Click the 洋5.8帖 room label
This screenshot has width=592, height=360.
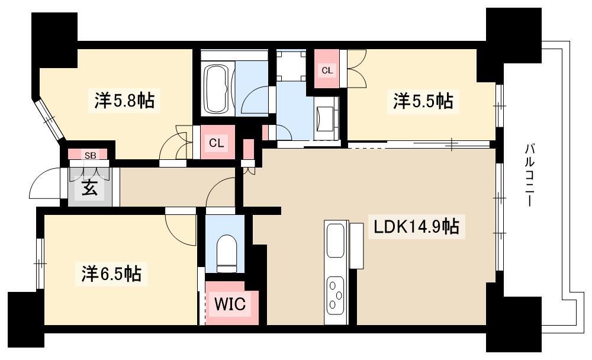point(124,101)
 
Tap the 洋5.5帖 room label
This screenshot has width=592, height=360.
point(423,101)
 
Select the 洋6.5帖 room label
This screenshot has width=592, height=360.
point(111,274)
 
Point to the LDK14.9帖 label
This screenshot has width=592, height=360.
point(416,227)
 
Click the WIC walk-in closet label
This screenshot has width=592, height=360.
point(230,304)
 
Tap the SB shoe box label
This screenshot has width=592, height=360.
point(90,155)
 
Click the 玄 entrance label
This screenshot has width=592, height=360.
point(89,188)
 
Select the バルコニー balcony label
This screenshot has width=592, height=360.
point(530,175)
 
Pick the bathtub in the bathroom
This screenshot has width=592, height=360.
point(216,89)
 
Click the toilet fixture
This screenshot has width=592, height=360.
point(227,253)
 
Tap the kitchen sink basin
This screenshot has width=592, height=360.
point(336,240)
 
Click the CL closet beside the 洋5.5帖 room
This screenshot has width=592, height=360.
point(327,69)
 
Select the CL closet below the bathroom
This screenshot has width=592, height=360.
point(216,143)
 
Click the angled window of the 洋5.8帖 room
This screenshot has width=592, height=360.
point(50,120)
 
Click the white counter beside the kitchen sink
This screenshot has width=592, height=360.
point(356,246)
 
